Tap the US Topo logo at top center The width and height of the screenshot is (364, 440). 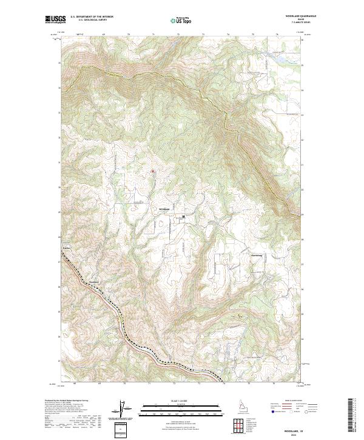click(182, 20)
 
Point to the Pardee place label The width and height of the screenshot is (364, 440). click(67, 249)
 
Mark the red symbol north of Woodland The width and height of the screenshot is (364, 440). click(152, 171)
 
